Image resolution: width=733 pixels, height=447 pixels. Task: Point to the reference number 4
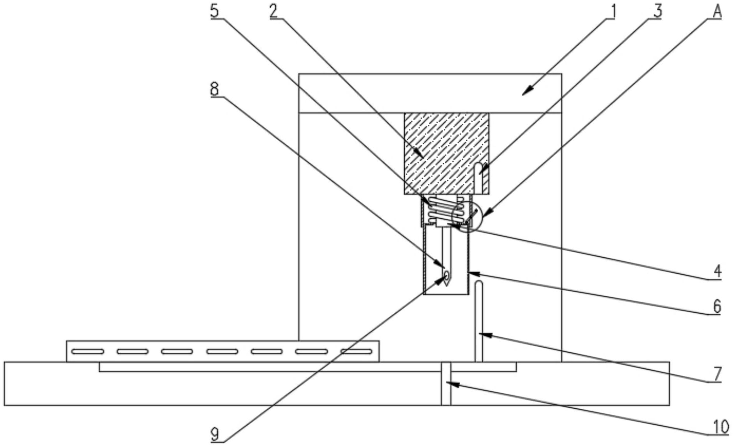tap(717, 272)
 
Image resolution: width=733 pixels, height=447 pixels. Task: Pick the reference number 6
tap(717, 306)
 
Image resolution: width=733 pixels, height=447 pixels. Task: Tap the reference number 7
tap(717, 374)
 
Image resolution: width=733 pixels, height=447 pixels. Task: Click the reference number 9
tap(214, 434)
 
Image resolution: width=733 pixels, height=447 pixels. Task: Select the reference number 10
tap(720, 427)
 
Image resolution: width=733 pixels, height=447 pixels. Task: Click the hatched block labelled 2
tap(447, 154)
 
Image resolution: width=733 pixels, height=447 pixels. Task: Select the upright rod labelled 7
tap(479, 321)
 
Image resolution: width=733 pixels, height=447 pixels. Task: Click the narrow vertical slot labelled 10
tap(446, 384)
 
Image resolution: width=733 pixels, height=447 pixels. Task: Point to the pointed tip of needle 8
tap(447, 286)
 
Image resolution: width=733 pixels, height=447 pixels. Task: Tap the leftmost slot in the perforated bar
tap(88, 351)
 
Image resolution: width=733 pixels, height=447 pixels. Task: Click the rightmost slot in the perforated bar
tap(356, 351)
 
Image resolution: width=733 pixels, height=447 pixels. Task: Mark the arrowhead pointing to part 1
tap(528, 91)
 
